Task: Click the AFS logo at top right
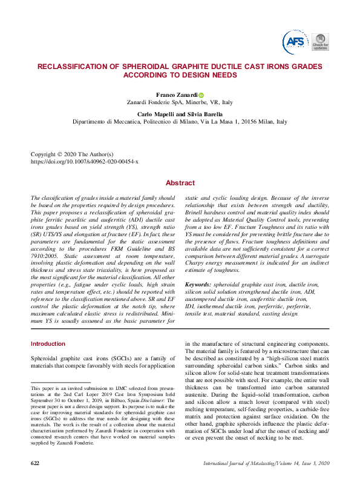295,41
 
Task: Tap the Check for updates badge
320,41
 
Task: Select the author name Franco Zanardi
177,95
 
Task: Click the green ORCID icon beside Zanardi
201,95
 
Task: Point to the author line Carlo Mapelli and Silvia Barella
180,114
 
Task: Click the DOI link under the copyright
84,162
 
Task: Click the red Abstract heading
180,183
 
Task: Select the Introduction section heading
48,344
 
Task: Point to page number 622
36,463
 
